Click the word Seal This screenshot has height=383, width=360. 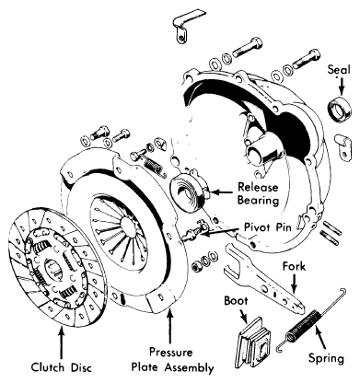pos(339,70)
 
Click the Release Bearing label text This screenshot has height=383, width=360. pos(258,193)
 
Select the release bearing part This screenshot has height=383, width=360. pos(189,191)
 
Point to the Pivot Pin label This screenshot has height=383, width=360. pos(268,227)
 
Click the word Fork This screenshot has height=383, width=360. pos(294,266)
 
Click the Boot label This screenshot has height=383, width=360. pos(236,301)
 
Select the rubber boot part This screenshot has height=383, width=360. pos(254,343)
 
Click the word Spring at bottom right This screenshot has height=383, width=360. pos(326,358)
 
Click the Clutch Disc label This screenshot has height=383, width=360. pos(62,367)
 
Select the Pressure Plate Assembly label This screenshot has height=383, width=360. pos(172,360)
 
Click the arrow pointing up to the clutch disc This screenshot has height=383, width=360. pos(62,343)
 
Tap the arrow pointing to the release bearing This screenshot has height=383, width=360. pos(222,192)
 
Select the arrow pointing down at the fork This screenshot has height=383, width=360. pos(295,284)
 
